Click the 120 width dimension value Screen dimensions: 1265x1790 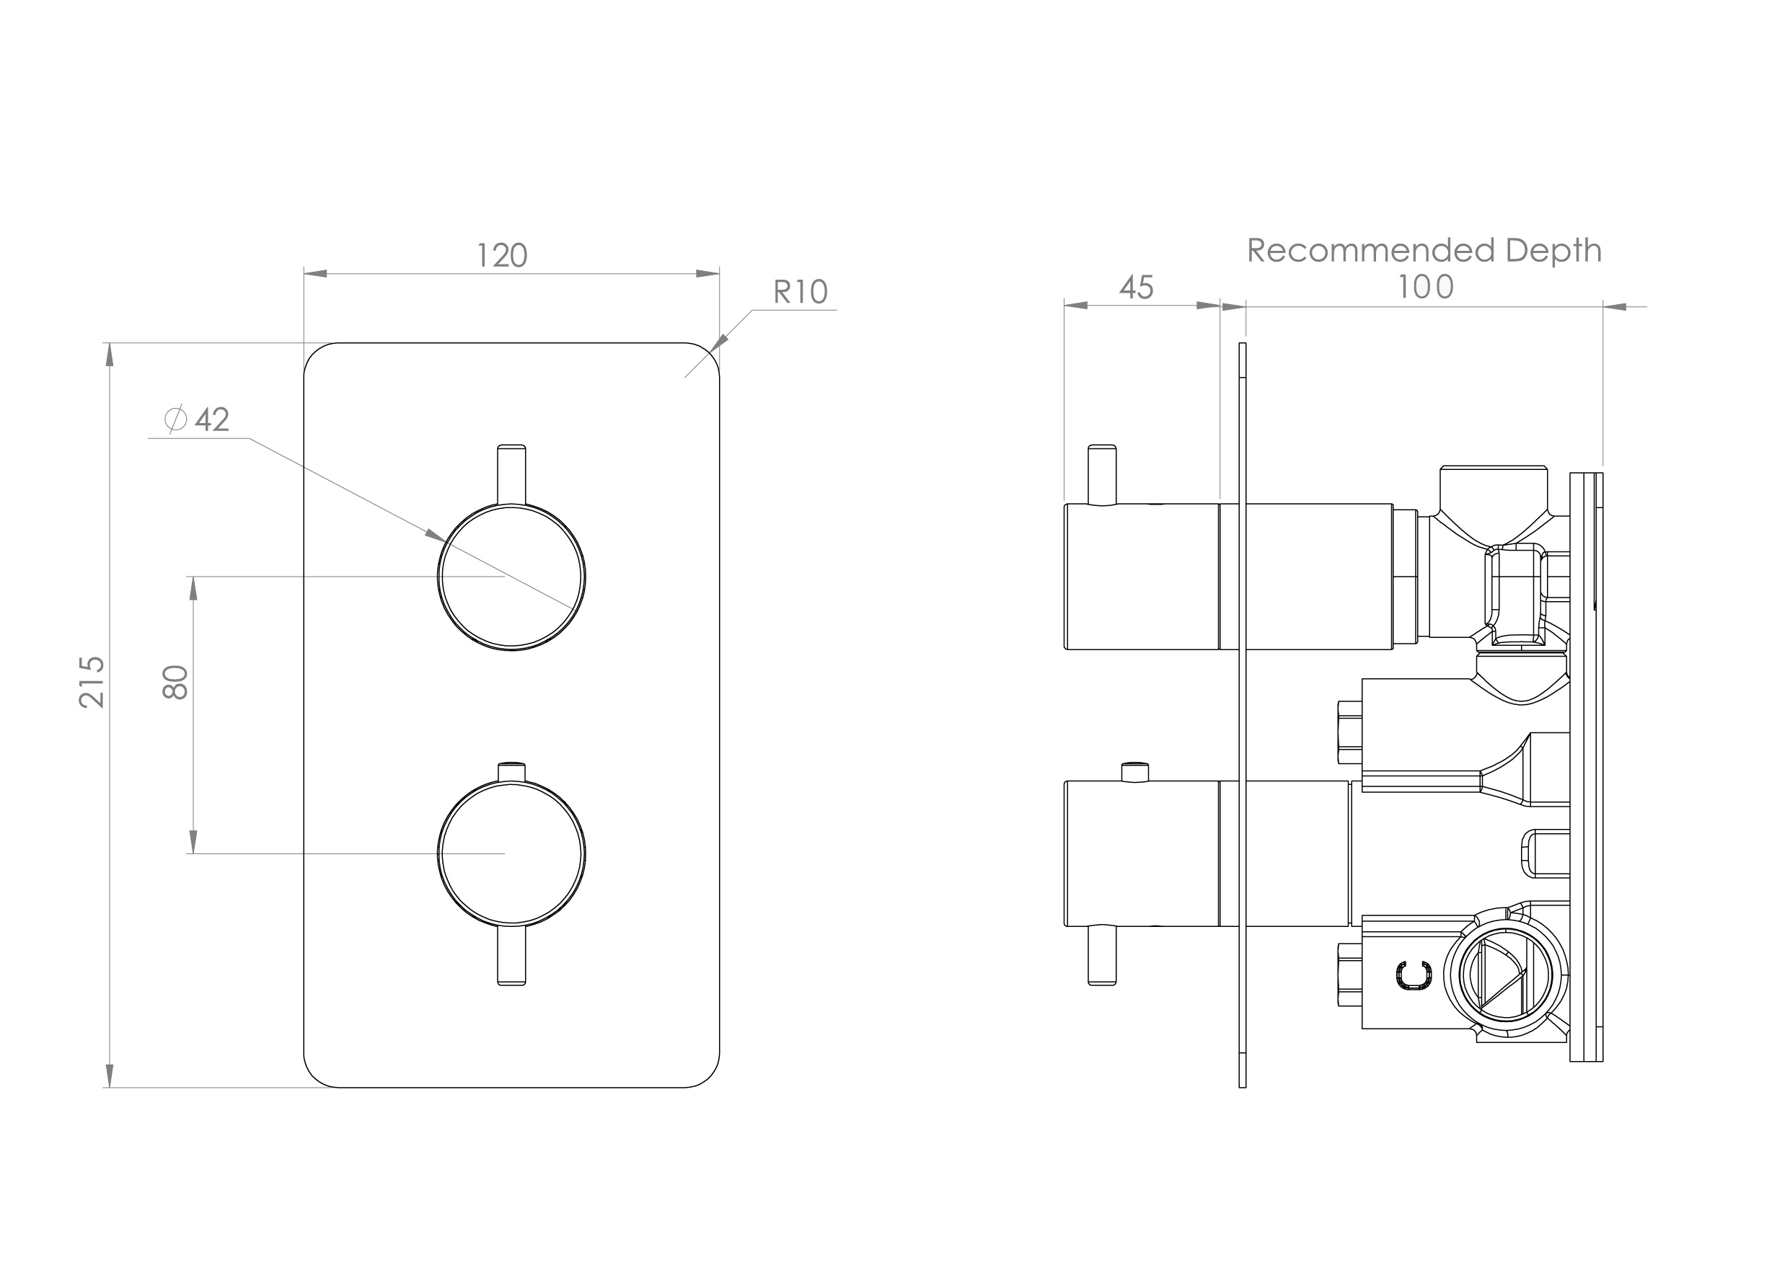pos(502,256)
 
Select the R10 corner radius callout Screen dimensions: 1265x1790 pos(800,291)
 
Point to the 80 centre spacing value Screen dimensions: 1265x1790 pos(176,682)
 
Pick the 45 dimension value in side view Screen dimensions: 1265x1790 pos(1136,288)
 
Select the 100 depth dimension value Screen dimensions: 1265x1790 pos(1425,287)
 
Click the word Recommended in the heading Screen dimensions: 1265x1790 pos(1370,251)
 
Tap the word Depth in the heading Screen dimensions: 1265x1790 pos(1553,251)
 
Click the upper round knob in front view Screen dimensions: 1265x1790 pos(511,576)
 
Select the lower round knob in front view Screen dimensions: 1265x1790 pos(511,853)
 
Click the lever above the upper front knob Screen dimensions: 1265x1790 pos(511,474)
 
